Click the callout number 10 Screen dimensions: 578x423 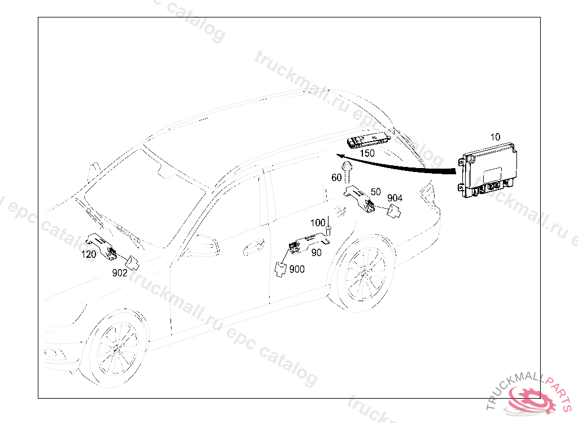click(x=495, y=137)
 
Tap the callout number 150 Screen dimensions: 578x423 click(x=367, y=153)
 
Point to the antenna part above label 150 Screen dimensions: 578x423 click(x=368, y=141)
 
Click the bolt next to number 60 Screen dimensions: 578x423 click(x=347, y=172)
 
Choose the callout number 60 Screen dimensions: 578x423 click(x=336, y=178)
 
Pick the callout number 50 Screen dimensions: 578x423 click(x=375, y=192)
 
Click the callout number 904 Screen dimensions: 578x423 click(x=395, y=198)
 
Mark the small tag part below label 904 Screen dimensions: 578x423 click(x=394, y=211)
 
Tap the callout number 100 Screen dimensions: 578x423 click(x=318, y=223)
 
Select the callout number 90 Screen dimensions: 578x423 click(x=316, y=253)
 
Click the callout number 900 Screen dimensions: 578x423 click(x=297, y=269)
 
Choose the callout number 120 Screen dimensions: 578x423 click(x=89, y=254)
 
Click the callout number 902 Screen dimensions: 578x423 click(x=120, y=272)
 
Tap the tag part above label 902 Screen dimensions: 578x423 click(x=132, y=263)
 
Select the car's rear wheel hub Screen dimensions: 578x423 click(x=366, y=275)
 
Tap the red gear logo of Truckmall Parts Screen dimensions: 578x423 click(x=531, y=399)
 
